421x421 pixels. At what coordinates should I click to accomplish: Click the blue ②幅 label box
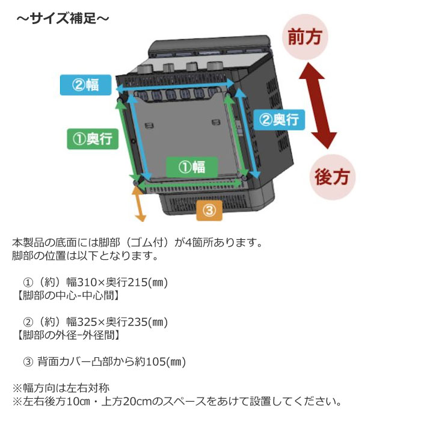click(x=85, y=85)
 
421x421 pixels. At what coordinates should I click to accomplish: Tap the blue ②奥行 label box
click(x=279, y=120)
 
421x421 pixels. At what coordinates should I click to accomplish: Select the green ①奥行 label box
click(x=93, y=139)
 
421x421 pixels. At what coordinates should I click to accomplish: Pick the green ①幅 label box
click(x=192, y=167)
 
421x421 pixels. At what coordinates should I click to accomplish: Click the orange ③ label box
click(x=209, y=210)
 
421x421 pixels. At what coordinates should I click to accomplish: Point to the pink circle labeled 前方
click(x=305, y=37)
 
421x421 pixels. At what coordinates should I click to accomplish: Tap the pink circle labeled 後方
click(x=333, y=177)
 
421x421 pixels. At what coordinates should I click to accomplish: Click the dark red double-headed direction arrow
click(x=318, y=106)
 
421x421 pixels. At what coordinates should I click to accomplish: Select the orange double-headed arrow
click(x=140, y=203)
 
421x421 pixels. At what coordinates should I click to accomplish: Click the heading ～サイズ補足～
click(x=63, y=19)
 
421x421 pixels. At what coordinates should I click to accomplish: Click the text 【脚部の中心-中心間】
click(x=68, y=296)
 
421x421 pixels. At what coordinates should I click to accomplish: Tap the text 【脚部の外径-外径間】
click(x=68, y=335)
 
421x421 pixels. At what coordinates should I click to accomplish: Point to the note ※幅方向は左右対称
click(x=61, y=388)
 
